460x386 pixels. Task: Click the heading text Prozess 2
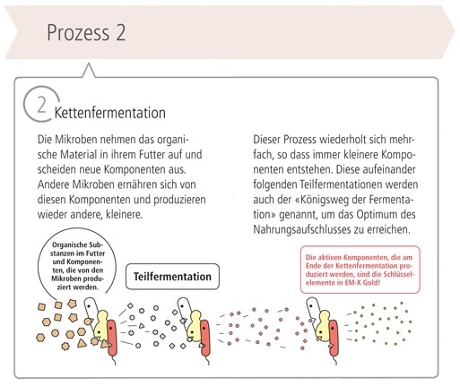86,32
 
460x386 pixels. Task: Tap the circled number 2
42,104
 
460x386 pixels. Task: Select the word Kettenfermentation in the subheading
110,113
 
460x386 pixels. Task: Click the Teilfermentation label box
172,277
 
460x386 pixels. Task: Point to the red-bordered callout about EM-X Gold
360,270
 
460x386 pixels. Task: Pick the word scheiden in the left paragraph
56,169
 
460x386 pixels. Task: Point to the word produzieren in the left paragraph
179,200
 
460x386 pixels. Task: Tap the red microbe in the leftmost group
112,338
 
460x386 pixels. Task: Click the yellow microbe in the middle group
195,326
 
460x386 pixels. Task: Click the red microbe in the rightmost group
334,339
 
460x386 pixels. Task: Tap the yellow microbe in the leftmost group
101,326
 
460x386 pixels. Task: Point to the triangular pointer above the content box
89,71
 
